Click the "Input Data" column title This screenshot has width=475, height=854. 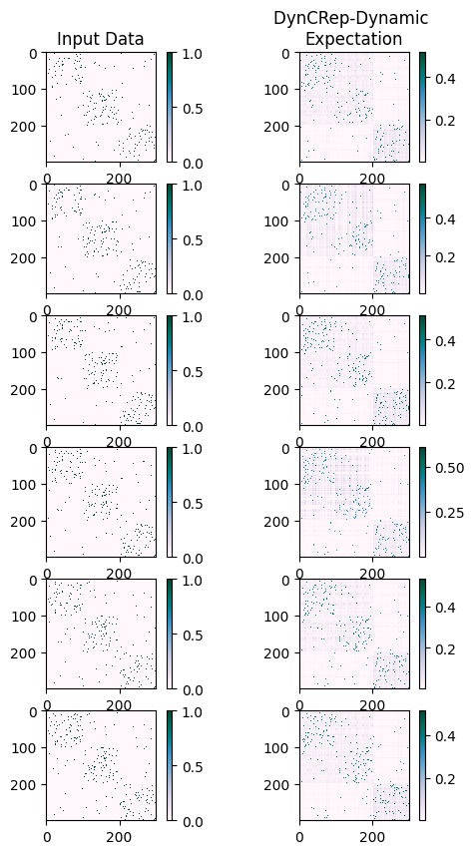tap(100, 39)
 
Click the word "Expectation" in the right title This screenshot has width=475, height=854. tap(353, 39)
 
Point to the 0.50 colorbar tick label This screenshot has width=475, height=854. tap(451, 467)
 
